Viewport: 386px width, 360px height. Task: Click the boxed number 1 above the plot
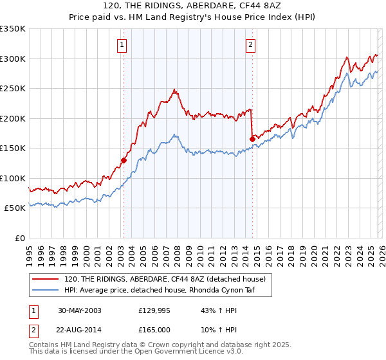coord(122,44)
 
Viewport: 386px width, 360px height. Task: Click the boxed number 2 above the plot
coord(250,44)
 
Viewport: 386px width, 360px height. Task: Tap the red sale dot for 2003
coord(124,160)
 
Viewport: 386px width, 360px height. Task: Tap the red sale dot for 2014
coord(252,139)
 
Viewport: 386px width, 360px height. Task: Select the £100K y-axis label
coord(13,178)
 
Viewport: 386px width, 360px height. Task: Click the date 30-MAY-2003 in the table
coord(80,310)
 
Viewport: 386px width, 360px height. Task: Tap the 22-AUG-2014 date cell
coord(80,331)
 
